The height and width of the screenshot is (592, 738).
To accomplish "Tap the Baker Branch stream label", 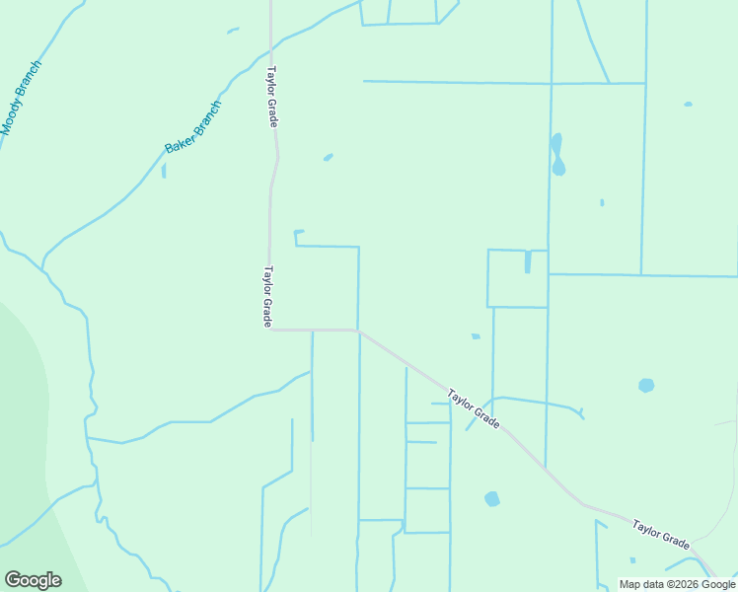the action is pos(192,127).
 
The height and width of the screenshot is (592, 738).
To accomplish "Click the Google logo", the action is pos(33,580).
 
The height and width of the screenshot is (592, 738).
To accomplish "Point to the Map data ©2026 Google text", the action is pos(677,584).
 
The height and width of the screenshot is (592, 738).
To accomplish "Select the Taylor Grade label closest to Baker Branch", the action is pos(271,97).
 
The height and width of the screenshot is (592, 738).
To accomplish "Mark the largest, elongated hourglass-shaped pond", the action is pos(557,154).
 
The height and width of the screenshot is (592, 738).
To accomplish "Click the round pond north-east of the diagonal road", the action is pos(646,385).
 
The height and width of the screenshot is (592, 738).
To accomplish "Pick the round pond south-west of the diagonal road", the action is pos(492,499).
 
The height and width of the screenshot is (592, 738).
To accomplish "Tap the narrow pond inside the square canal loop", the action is pos(528,261).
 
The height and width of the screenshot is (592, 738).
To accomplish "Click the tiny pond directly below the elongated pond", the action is pos(602,202).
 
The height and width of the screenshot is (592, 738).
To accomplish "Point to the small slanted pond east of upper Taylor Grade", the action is pos(328,156).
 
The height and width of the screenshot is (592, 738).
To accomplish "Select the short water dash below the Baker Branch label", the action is pos(164,171).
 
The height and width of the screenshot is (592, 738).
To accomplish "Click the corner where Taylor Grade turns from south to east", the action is pos(269,330).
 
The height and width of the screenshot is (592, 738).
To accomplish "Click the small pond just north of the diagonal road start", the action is pos(476,336).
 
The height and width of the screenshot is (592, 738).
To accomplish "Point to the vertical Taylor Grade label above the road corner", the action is pos(266,297).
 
